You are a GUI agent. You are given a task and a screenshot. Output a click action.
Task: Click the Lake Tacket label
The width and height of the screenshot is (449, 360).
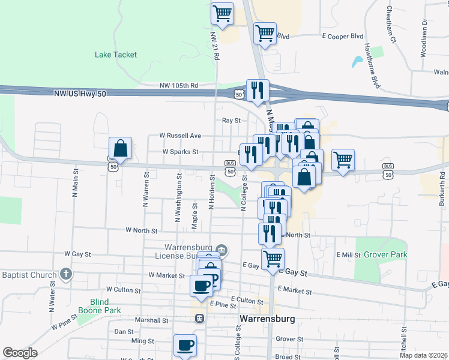coord(116,55)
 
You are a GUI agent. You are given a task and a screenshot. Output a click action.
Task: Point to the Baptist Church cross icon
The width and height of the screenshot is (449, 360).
coord(66,275)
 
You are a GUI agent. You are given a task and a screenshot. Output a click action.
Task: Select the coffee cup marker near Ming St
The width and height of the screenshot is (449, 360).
coord(185,345)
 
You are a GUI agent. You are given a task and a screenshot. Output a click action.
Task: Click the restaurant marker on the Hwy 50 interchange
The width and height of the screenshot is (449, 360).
coord(258,91)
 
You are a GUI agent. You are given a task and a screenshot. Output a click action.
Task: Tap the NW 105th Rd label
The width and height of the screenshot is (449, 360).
coord(179,86)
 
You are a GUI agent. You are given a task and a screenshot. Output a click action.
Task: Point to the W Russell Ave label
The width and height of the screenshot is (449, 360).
coord(179,136)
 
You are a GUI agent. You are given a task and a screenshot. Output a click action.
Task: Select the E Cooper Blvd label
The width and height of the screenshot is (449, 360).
coord(345,37)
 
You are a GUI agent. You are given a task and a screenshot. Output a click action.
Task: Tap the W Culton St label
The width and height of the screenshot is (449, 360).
coord(127,289)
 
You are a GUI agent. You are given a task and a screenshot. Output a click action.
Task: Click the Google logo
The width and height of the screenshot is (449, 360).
coord(20,353)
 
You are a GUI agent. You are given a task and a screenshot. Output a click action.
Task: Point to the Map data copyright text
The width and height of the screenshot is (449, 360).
coord(423,355)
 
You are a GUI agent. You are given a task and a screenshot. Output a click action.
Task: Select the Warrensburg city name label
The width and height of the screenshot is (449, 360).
coord(267,319)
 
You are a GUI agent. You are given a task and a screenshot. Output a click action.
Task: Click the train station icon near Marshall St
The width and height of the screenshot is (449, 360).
coord(199,319)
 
